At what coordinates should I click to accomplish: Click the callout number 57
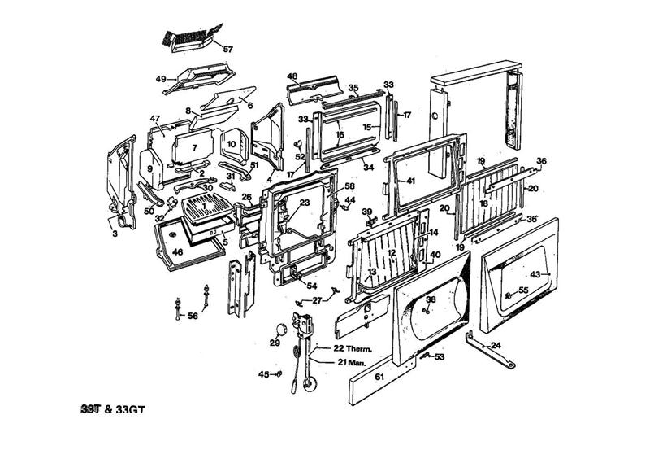coord(227,50)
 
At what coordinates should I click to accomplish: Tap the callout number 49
coord(161,79)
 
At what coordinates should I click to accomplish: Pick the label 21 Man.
coord(331,360)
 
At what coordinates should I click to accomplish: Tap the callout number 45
coord(263,374)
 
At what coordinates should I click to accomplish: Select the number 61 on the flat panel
coord(379,378)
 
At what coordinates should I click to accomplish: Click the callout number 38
coord(431,299)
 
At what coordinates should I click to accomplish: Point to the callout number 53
coord(440,356)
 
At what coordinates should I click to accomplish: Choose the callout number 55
coord(523,290)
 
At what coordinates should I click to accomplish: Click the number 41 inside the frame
coord(410,180)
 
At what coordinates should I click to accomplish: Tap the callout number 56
coord(193,316)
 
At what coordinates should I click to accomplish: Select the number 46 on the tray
coord(177,253)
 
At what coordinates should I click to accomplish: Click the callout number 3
coord(115,234)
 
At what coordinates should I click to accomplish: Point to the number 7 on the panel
coord(195,148)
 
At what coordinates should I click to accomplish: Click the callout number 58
coord(349,186)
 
